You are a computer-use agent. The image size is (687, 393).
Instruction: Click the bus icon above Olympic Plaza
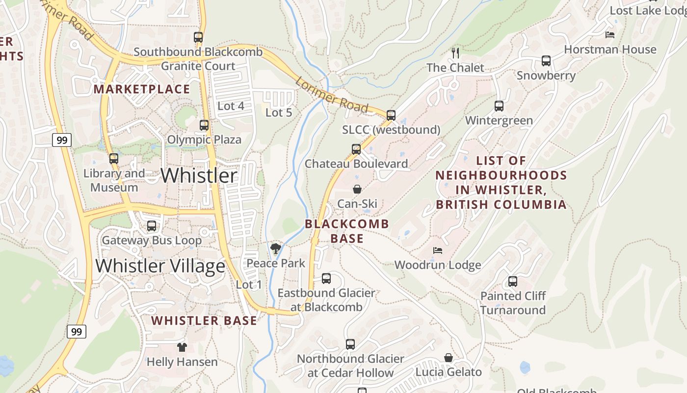tap(204, 125)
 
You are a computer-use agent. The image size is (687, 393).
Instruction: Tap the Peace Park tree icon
tap(276, 249)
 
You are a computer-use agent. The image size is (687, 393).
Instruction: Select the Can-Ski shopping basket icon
tap(357, 189)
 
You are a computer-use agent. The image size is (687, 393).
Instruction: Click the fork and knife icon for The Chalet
tap(455, 53)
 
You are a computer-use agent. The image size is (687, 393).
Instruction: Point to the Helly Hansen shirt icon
tap(182, 347)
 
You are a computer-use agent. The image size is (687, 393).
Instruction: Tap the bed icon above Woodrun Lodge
tap(438, 251)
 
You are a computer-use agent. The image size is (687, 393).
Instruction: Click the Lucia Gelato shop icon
tap(449, 358)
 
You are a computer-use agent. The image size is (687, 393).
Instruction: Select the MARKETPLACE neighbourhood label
tap(141, 89)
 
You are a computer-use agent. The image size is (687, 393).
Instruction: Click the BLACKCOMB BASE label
tap(347, 231)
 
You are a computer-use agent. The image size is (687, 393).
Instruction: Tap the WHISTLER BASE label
tap(204, 321)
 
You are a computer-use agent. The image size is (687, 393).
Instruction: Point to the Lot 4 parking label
tap(231, 106)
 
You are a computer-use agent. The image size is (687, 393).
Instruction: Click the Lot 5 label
tap(279, 112)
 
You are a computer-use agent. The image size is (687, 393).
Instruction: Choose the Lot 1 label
tap(249, 284)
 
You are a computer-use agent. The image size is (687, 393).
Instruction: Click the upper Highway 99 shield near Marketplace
tap(62, 140)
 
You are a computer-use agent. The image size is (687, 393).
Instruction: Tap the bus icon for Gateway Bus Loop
tap(152, 226)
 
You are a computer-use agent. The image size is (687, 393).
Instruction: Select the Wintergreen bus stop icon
tap(499, 106)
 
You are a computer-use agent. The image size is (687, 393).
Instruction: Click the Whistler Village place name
tap(160, 266)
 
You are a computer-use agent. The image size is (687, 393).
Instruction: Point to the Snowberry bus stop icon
tap(546, 61)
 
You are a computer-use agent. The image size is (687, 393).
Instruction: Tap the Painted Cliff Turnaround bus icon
tap(513, 281)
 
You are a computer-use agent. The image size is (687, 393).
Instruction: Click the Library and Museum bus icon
tap(114, 159)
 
